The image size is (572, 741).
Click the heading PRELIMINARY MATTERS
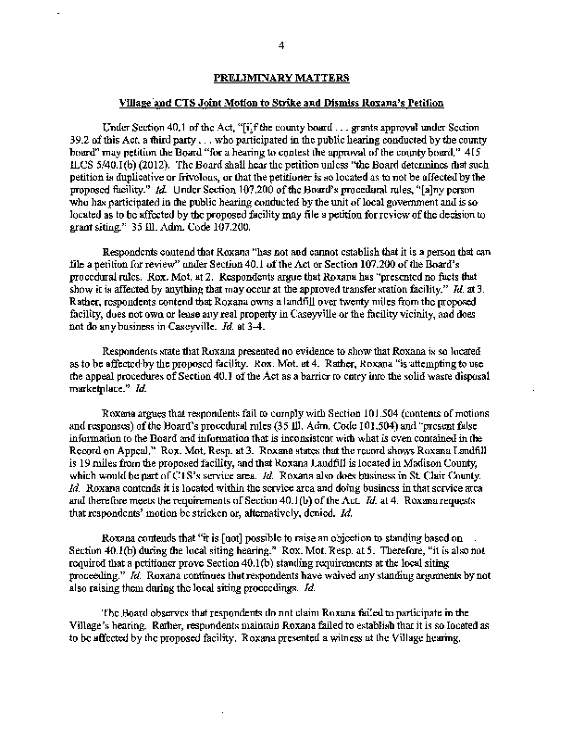click(x=286, y=81)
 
